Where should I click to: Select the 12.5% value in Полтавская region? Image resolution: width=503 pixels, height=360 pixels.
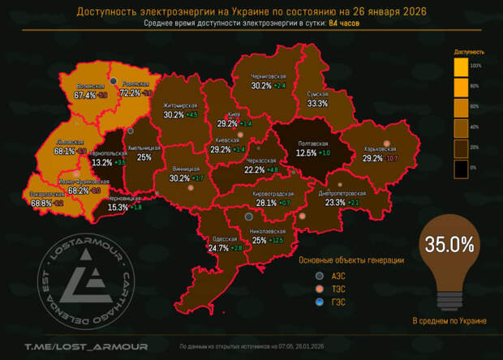306,152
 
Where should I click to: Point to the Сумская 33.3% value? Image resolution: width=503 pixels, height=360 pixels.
317,104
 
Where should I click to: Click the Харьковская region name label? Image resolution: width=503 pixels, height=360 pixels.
380,148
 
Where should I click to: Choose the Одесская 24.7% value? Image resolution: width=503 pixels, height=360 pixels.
218,248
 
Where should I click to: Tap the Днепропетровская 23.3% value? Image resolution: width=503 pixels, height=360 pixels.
335,203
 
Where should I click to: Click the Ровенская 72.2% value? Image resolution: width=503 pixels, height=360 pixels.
130,93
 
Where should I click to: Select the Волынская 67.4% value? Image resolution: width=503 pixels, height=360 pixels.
84,95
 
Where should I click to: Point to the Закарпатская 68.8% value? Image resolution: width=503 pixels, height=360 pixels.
41,203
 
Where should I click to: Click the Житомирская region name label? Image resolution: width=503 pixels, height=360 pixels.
180,105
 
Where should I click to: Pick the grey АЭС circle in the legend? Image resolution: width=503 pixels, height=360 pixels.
320,275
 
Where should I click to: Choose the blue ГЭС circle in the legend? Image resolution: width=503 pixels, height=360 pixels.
320,302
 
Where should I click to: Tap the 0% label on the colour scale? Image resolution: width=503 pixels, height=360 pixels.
477,166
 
